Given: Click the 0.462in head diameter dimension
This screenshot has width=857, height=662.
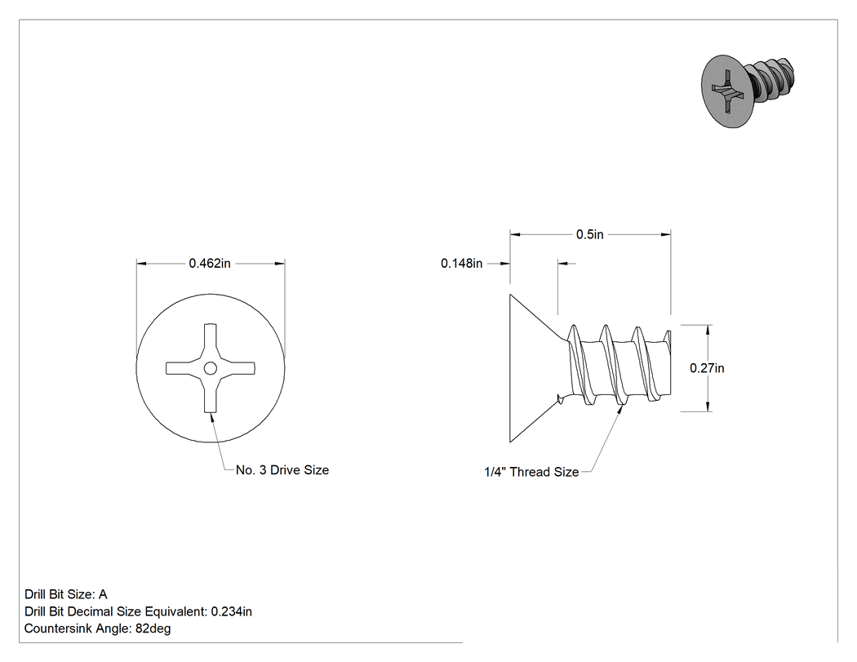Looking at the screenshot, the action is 210,264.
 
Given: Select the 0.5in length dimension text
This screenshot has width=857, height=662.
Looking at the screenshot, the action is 590,234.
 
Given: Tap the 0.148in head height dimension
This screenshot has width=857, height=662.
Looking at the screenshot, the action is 462,264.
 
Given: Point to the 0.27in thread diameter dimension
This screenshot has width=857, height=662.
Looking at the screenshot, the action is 707,368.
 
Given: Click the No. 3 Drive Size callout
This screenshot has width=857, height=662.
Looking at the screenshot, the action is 282,470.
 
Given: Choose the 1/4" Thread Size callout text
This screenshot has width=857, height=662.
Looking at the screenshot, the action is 531,472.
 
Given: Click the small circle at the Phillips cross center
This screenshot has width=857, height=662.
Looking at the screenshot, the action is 211,368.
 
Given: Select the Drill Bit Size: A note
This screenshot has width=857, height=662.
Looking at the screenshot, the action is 66,594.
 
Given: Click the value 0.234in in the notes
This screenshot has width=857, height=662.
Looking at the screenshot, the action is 232,611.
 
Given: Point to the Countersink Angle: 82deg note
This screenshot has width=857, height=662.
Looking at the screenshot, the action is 98,629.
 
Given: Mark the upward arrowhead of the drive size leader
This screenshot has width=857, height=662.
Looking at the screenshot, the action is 211,415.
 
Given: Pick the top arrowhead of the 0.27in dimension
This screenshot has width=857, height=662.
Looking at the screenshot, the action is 708,329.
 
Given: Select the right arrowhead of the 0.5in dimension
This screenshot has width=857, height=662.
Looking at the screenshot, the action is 666,234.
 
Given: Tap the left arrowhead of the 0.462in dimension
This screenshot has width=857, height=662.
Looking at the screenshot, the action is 141,264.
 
